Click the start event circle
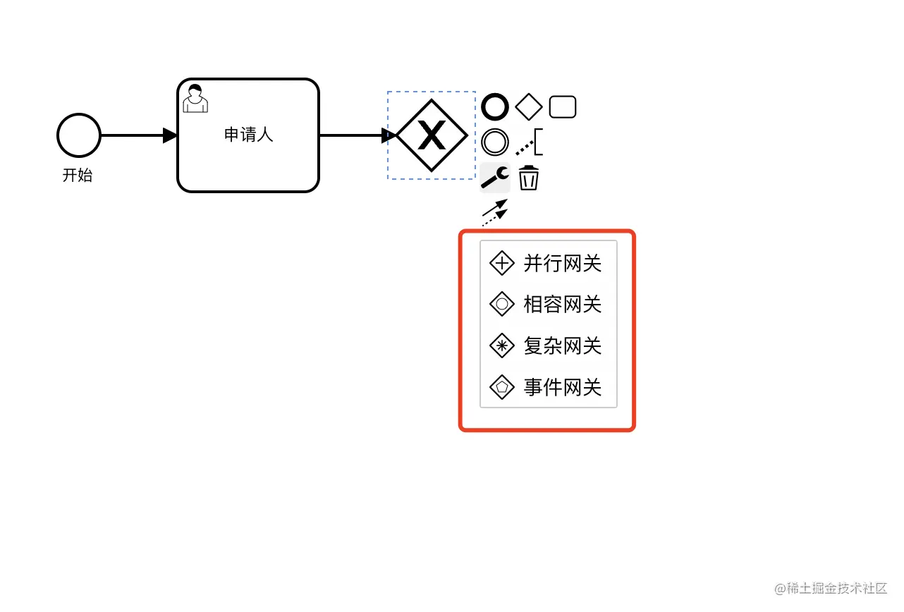(x=79, y=135)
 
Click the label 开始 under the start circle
(x=78, y=176)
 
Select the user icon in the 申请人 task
(x=195, y=99)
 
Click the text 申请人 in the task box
(x=248, y=135)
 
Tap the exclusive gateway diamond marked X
(x=432, y=135)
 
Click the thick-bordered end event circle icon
(x=495, y=107)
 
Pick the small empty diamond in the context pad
(x=529, y=107)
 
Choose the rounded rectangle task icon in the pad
(x=563, y=107)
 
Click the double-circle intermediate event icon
(x=495, y=142)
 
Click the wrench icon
(x=495, y=177)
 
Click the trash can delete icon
(x=529, y=177)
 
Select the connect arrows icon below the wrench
(x=495, y=212)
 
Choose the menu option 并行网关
(x=562, y=264)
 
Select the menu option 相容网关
(x=562, y=305)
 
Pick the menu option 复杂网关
(x=562, y=346)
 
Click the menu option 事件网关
(x=562, y=387)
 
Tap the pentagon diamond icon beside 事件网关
(x=502, y=387)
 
